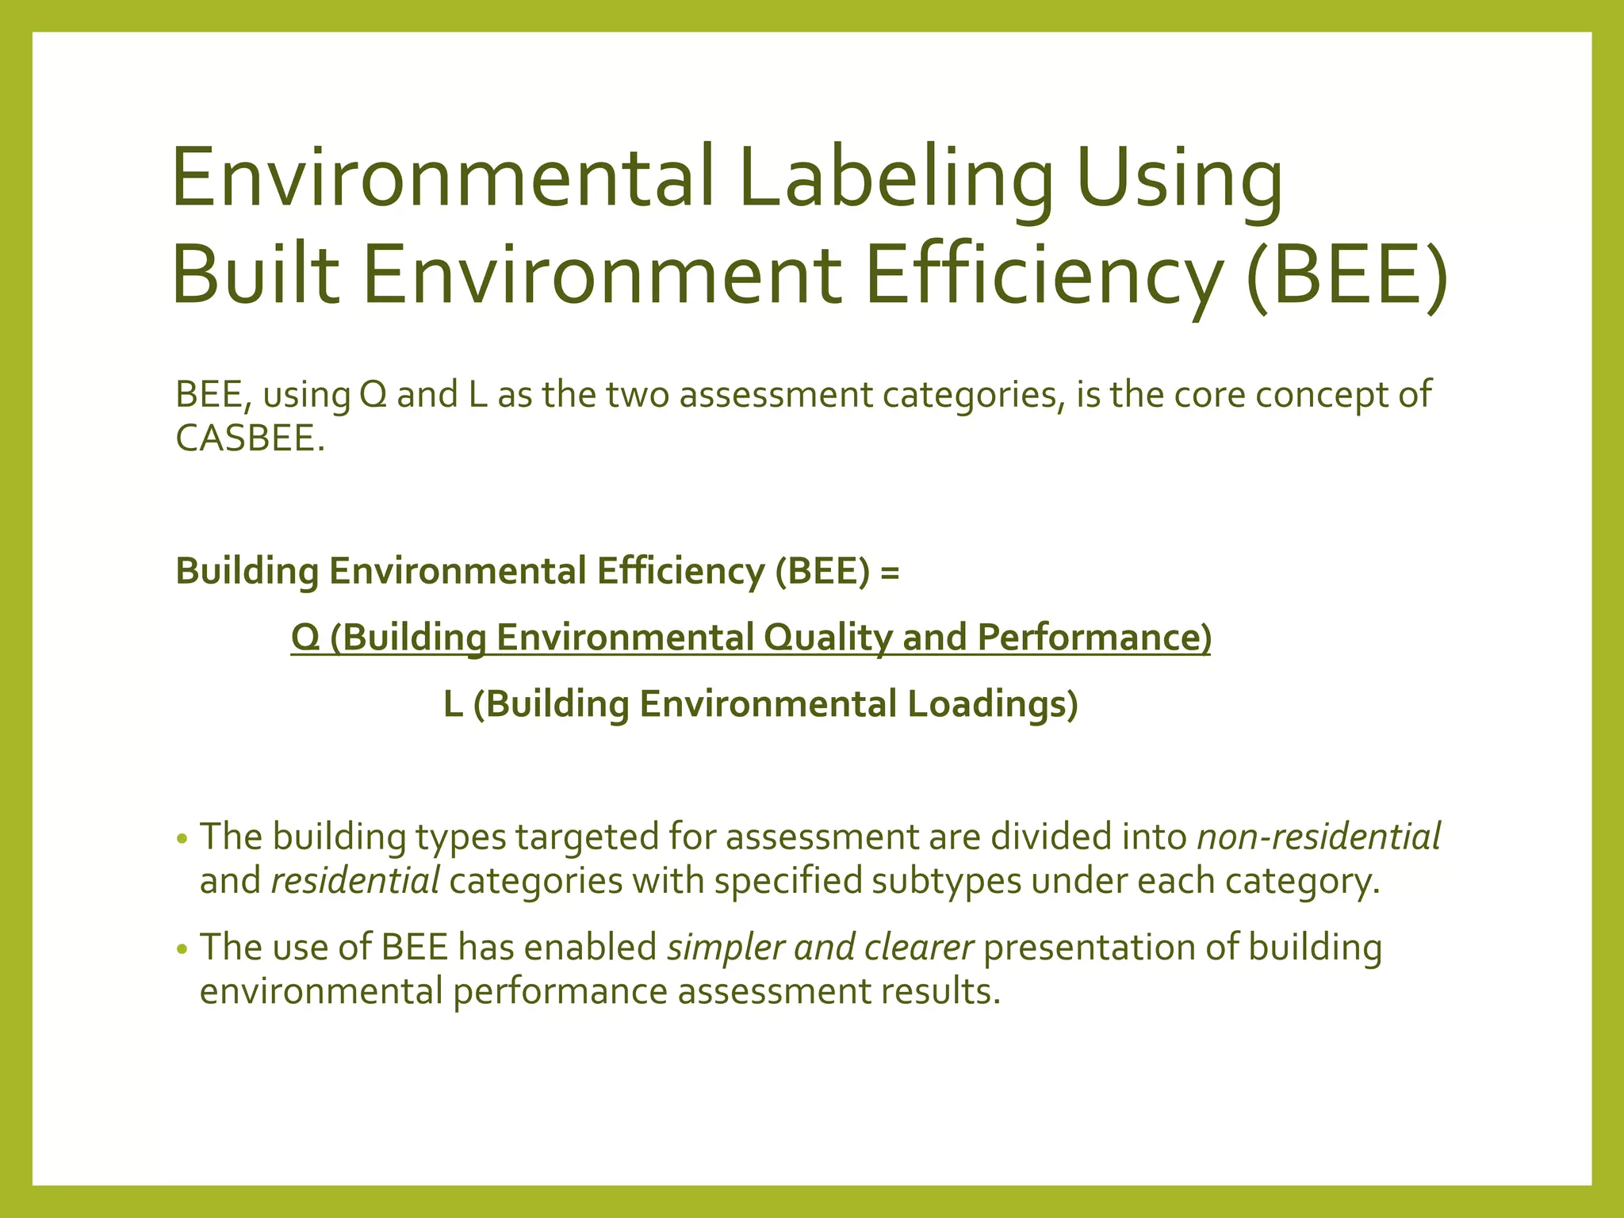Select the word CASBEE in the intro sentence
pos(249,439)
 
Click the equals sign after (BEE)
pos(890,571)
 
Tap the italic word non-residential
pos(1318,837)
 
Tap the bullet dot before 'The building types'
pos(182,839)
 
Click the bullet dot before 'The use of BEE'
pos(182,949)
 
